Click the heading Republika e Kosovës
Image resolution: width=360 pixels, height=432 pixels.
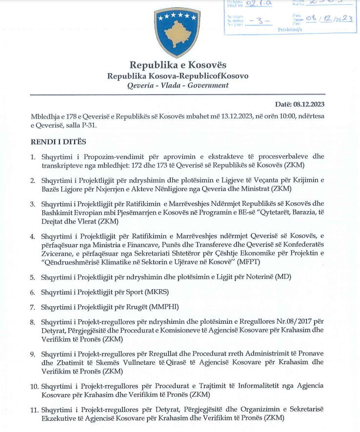pos(178,65)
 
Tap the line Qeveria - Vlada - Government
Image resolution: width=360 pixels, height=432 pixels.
pos(178,85)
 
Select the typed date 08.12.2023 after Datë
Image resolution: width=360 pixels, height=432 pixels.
pos(308,104)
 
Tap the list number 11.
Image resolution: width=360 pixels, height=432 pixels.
pos(34,409)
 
